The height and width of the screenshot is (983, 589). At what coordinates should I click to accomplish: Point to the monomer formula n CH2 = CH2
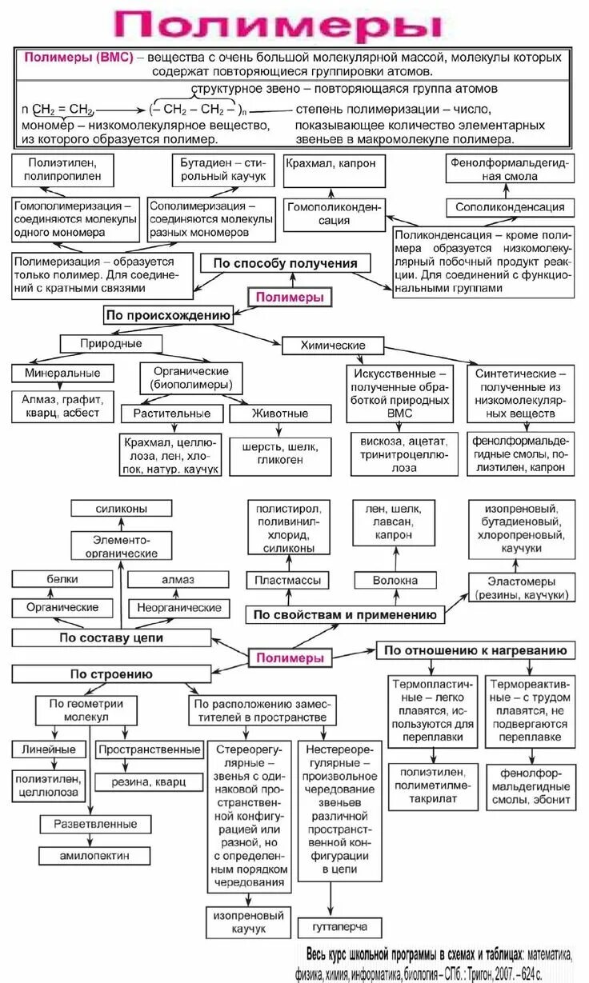(59, 108)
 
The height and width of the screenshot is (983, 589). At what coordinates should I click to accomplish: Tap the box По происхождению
(168, 315)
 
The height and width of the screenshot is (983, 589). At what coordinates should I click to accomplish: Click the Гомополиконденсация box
(334, 213)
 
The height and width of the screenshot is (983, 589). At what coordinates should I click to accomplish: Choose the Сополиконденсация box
(510, 207)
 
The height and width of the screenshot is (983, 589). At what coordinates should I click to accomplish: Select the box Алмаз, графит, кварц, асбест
(62, 405)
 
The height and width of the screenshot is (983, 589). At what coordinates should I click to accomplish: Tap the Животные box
(279, 414)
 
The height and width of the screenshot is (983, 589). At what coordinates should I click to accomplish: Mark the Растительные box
(173, 414)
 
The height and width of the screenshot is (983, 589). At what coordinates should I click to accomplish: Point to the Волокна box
(395, 581)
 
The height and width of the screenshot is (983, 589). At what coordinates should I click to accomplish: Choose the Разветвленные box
(95, 824)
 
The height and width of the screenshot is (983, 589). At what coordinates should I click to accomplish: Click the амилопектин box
(94, 855)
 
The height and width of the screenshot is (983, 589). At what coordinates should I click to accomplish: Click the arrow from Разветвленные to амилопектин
(94, 839)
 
